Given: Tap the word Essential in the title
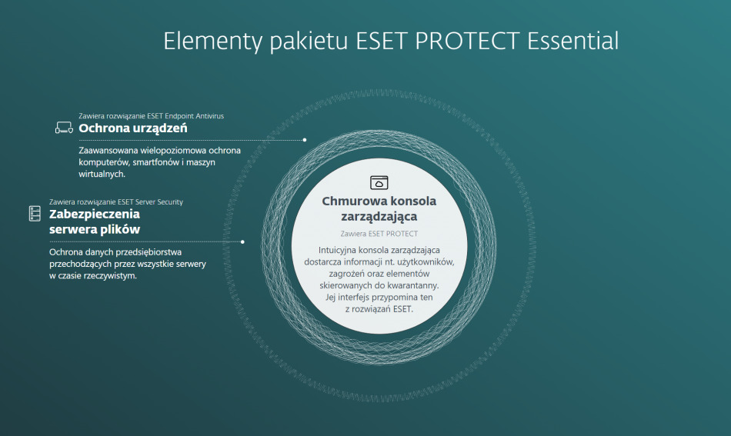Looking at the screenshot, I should (x=573, y=41).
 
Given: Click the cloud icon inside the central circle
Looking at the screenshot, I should (x=379, y=182).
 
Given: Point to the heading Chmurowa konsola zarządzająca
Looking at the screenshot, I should (x=379, y=208).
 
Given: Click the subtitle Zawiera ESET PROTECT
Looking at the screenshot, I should (x=379, y=233).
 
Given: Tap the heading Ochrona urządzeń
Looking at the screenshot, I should (x=133, y=128).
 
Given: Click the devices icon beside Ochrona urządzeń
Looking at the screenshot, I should (x=64, y=128).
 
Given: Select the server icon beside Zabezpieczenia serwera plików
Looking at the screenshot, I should (x=35, y=213).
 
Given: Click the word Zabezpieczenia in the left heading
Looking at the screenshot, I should (x=95, y=214).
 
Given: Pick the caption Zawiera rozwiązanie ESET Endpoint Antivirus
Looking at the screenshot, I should (x=151, y=115).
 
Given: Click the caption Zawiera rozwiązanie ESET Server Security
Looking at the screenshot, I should (x=116, y=201).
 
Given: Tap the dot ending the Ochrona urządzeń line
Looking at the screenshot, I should (x=305, y=140).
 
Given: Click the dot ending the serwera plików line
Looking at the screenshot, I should (x=242, y=241).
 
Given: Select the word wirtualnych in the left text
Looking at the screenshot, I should (x=102, y=175).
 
